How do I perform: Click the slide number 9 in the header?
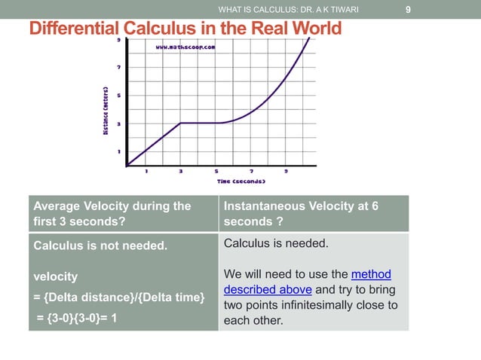(x=408, y=10)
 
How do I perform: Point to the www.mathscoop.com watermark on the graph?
(x=185, y=47)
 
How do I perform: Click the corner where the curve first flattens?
(x=181, y=123)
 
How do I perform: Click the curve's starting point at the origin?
(x=127, y=165)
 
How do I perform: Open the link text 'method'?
(x=371, y=274)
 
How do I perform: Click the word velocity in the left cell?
(x=54, y=277)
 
